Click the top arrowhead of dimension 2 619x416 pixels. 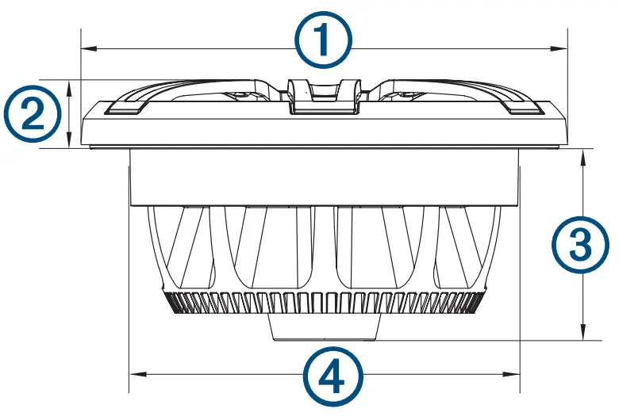(71, 84)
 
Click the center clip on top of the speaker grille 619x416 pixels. (323, 96)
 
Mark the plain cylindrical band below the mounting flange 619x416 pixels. (324, 178)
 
